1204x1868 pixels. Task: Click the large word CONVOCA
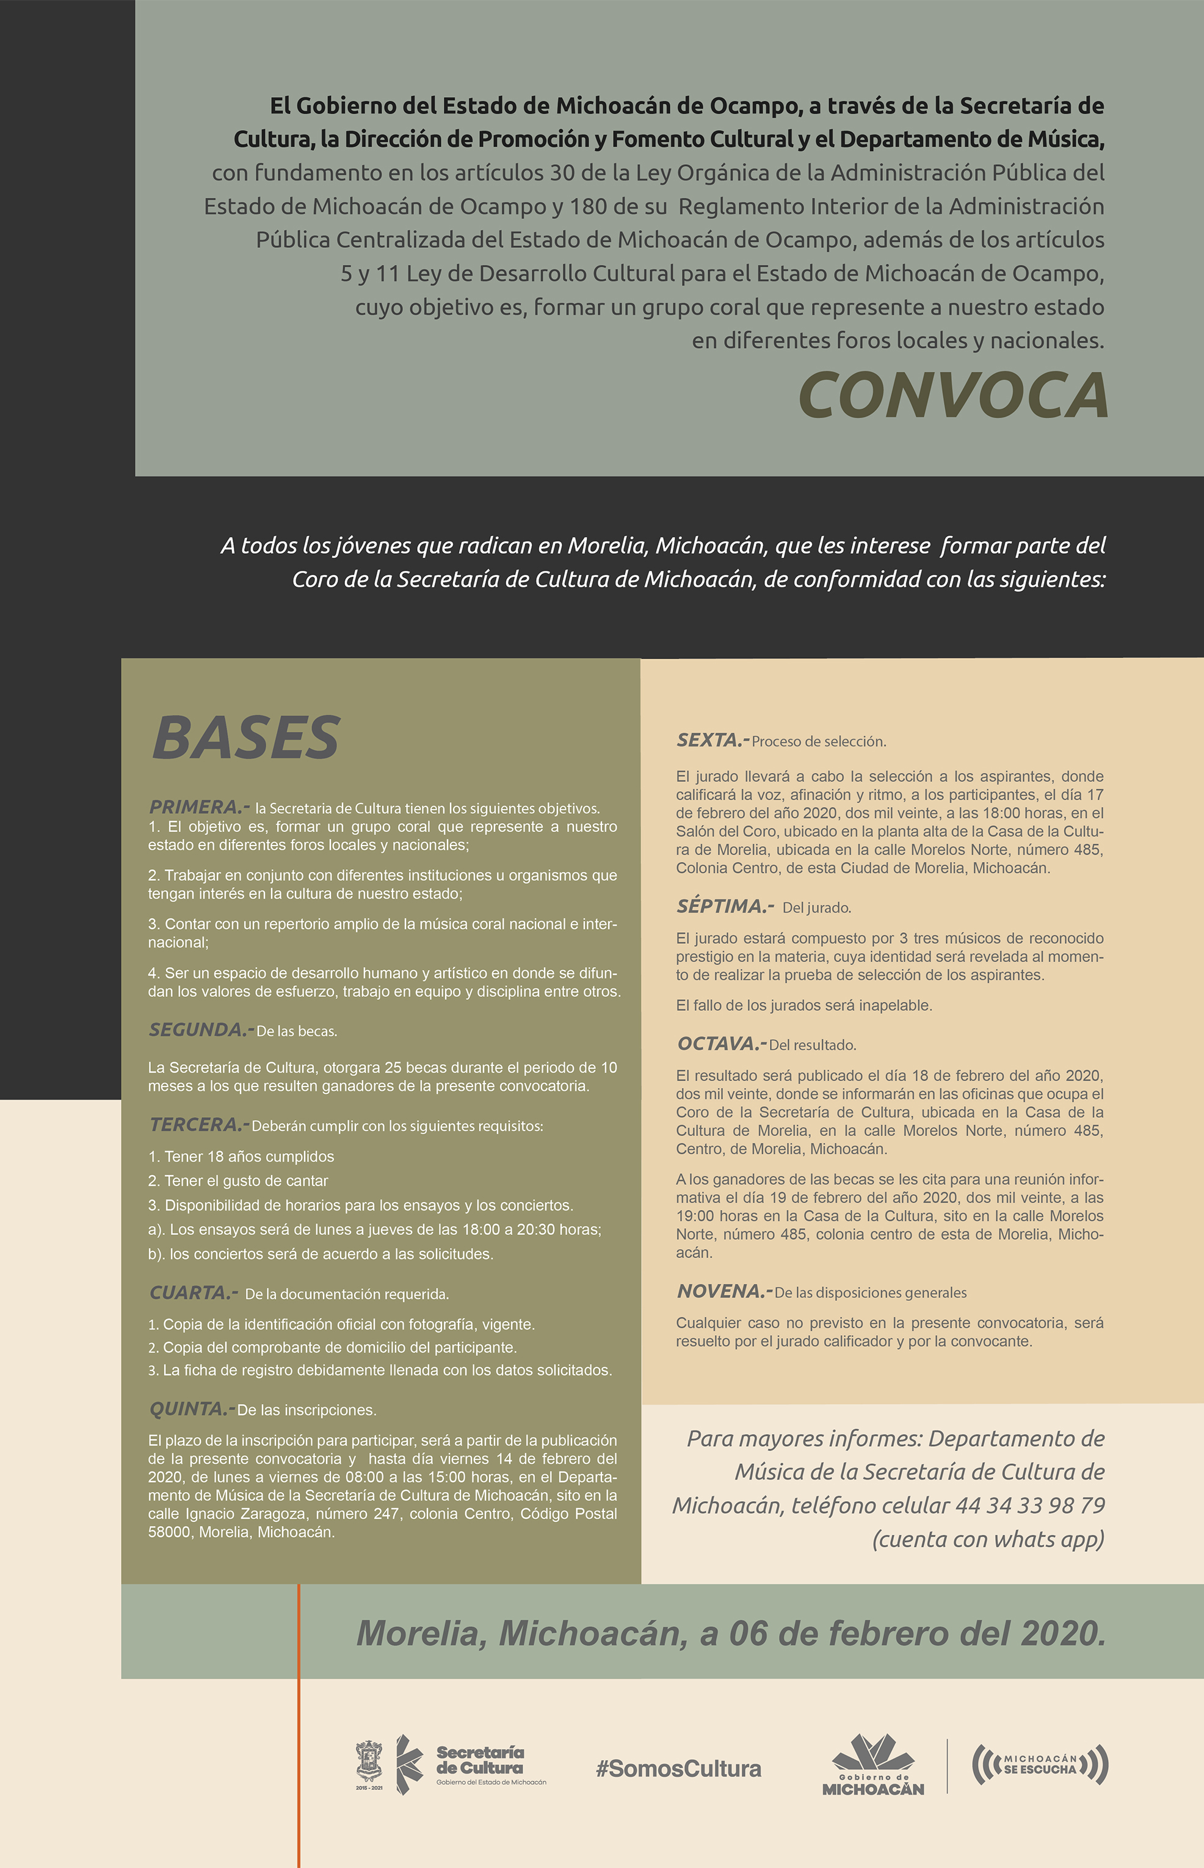[952, 396]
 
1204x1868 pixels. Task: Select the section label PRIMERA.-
[198, 806]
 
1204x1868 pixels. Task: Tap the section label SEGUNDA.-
[200, 1029]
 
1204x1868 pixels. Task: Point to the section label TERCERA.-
[198, 1124]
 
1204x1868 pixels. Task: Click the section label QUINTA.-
[190, 1408]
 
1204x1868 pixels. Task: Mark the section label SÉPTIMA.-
[725, 906]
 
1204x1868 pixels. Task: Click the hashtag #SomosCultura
[678, 1768]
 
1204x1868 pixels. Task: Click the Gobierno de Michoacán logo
[872, 1765]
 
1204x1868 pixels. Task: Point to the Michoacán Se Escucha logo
[1040, 1764]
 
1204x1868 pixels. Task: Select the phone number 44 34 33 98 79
[1029, 1505]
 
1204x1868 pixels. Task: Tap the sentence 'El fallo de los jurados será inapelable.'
[803, 1005]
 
